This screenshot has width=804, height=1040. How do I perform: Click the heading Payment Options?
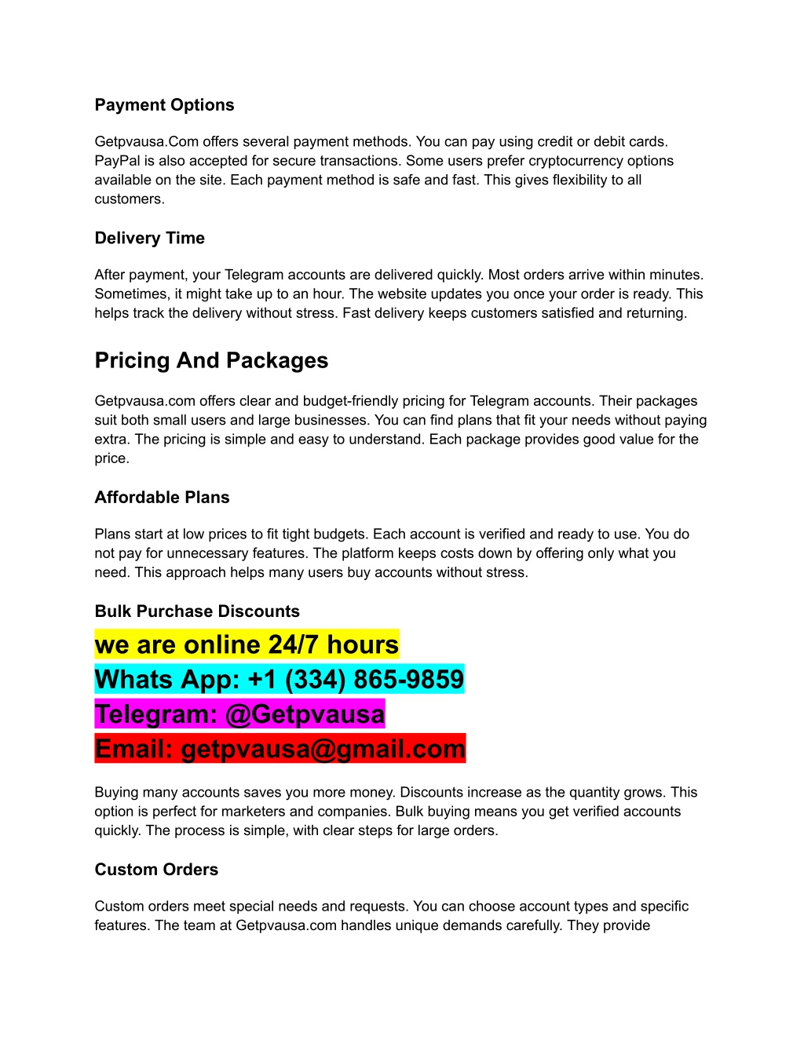coord(164,105)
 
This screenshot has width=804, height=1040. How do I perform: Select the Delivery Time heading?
coord(149,238)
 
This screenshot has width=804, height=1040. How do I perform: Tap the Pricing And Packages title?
coord(211,360)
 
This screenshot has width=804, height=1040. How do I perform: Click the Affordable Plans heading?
coord(162,498)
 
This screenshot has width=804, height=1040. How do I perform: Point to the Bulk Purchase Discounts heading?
coord(197,611)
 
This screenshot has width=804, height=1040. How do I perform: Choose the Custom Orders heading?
coord(156,870)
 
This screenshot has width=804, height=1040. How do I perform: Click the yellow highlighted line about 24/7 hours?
coord(247,644)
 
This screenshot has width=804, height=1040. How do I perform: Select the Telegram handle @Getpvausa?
coord(305,714)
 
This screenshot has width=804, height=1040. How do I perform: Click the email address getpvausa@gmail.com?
coord(323,749)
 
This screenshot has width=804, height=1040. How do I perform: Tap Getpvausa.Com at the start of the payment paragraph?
coord(147,142)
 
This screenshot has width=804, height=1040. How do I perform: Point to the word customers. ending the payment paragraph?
coord(130,199)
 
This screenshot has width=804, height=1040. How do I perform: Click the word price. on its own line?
coord(111,458)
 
